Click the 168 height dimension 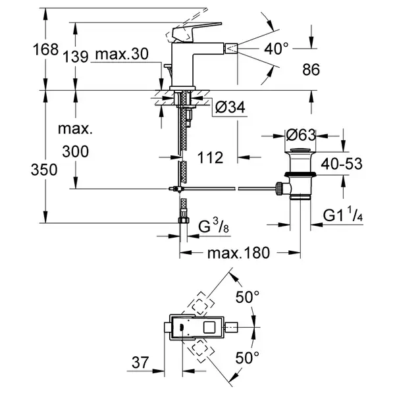(45, 49)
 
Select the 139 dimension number (75, 57)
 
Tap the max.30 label (122, 54)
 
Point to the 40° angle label (276, 49)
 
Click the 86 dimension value (311, 70)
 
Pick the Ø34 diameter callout (230, 107)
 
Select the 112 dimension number (210, 158)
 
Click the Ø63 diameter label (301, 135)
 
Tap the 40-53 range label (342, 164)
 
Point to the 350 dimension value (44, 170)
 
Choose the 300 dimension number (75, 151)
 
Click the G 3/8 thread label (213, 226)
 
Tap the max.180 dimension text (238, 253)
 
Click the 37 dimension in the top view (140, 363)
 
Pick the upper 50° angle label (247, 297)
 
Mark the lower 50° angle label (247, 358)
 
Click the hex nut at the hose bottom (184, 220)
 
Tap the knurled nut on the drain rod (279, 189)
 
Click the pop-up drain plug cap (300, 150)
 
